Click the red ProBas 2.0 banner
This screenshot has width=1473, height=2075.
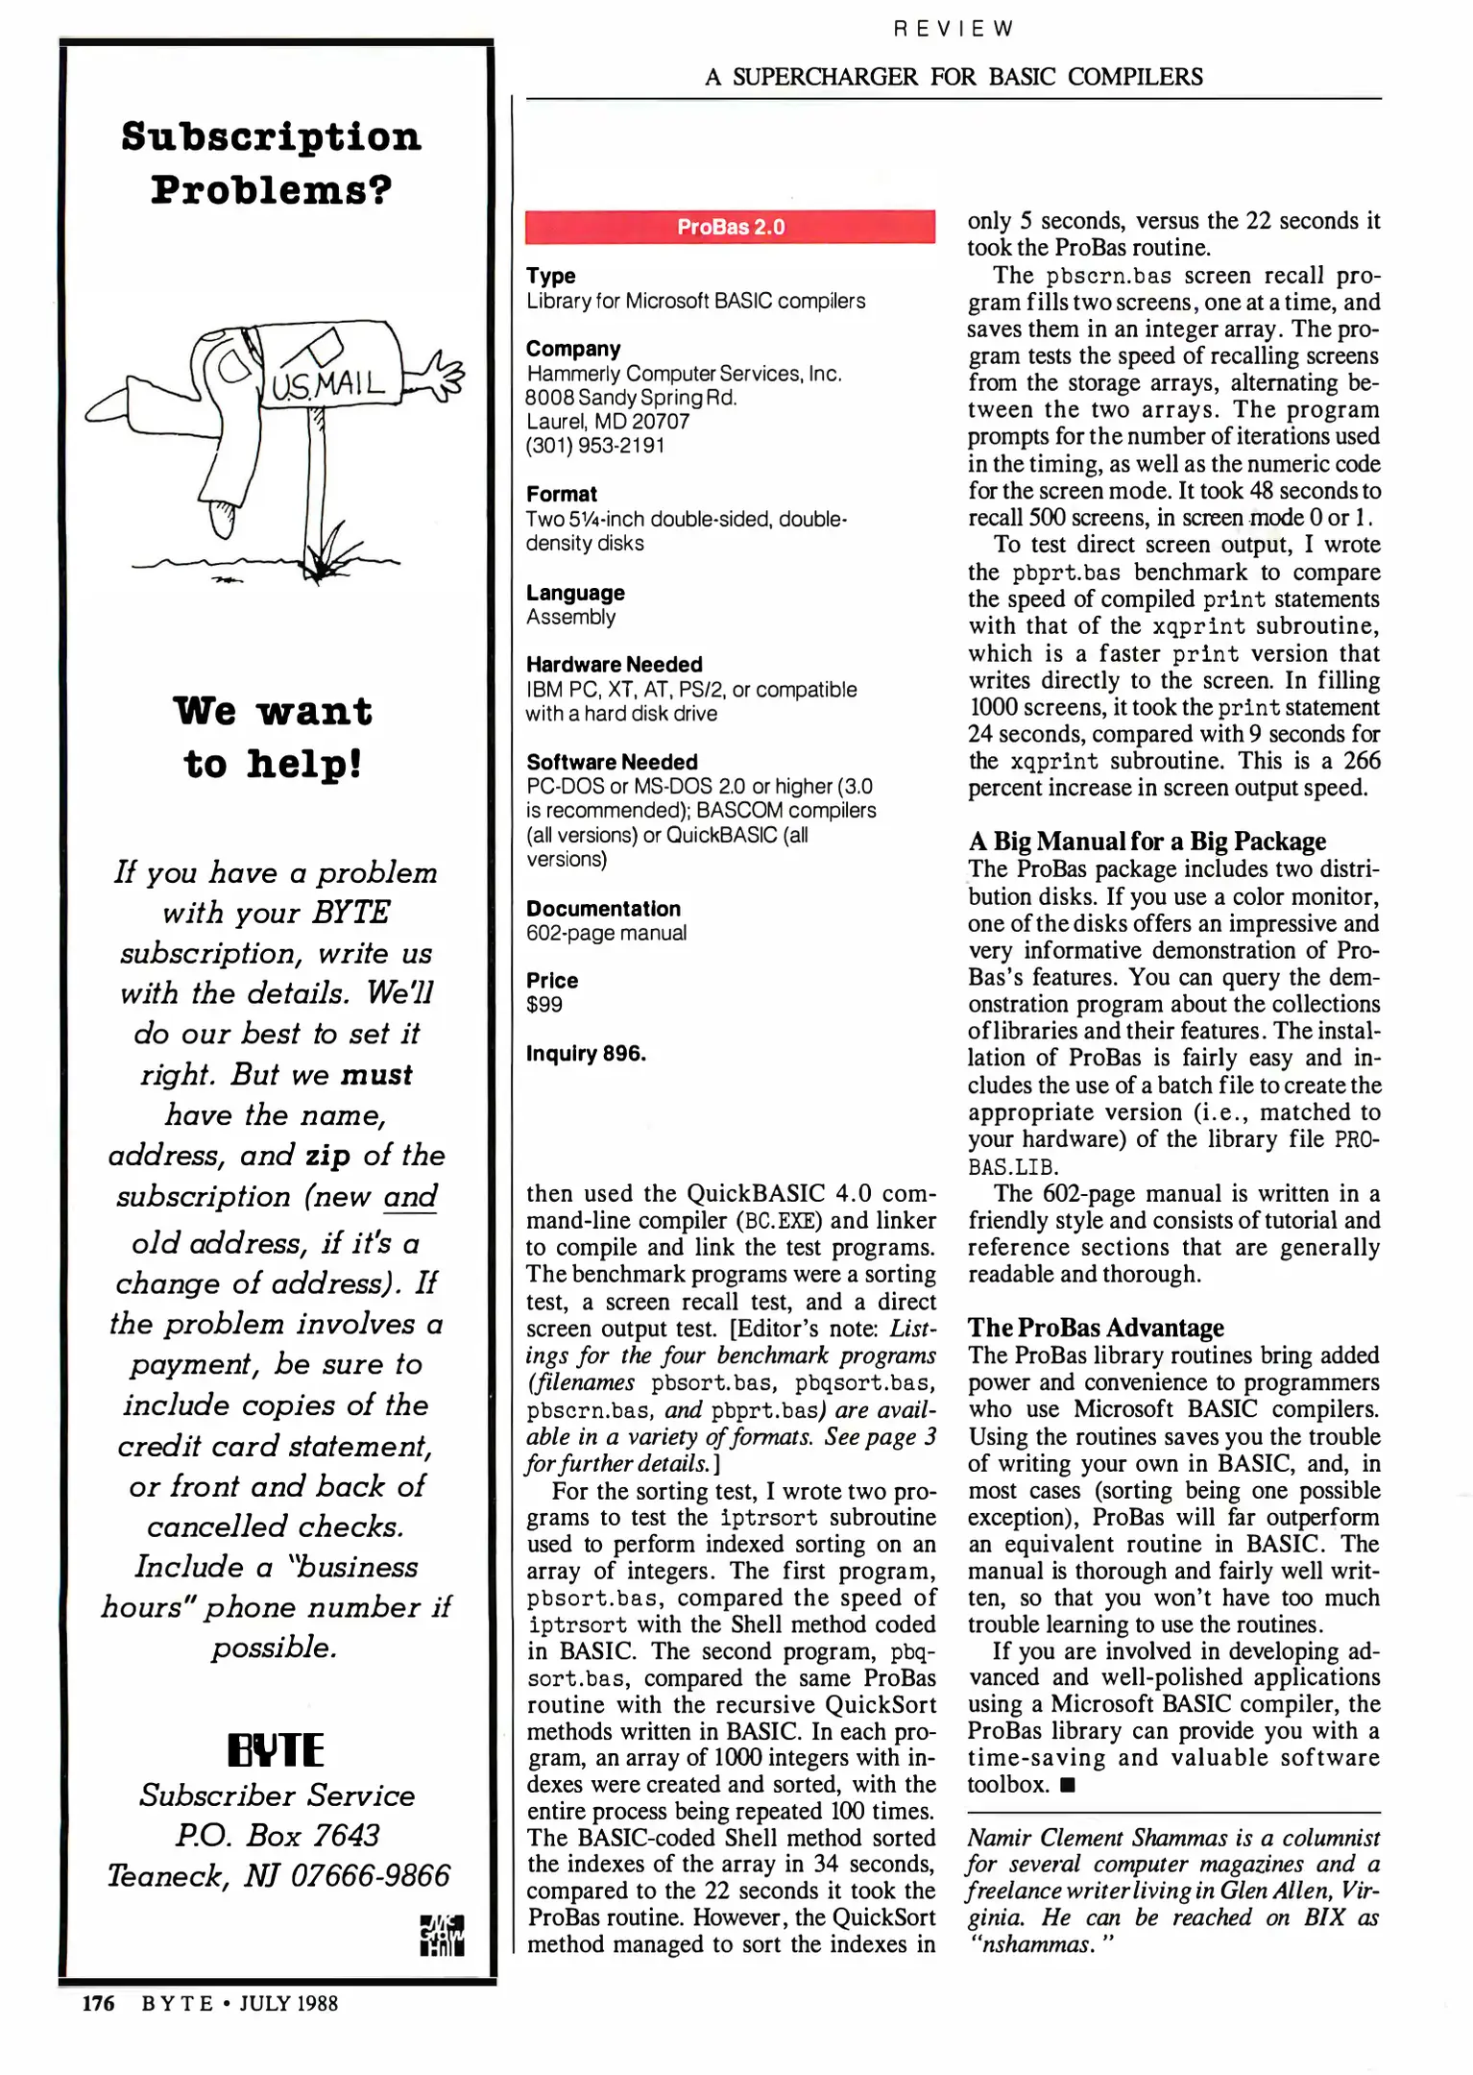(730, 227)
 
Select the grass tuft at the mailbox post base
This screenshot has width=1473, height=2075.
(326, 560)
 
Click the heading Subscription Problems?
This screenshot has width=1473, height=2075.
(271, 163)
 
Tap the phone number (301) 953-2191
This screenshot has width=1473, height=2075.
(594, 446)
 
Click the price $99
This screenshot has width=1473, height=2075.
(544, 1005)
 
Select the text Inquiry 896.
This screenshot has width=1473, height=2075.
(586, 1054)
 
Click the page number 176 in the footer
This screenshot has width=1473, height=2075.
(98, 2003)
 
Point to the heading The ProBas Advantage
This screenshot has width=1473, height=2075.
(1095, 1328)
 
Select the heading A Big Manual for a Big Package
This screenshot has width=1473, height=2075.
(1147, 842)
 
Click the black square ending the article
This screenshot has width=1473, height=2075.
(1069, 1786)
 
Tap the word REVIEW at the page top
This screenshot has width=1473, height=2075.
(953, 29)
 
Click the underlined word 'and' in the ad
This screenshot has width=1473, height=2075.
(410, 1197)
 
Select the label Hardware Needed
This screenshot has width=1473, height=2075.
(614, 665)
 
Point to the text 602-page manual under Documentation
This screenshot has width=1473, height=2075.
(606, 933)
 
